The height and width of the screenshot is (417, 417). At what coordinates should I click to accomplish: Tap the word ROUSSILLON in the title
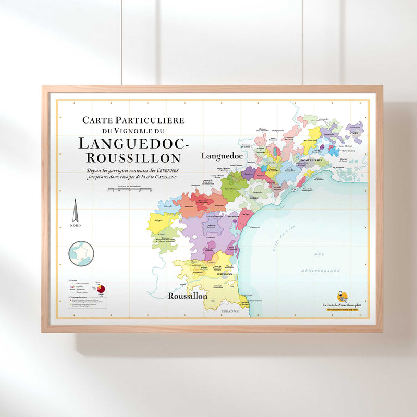[x=133, y=157]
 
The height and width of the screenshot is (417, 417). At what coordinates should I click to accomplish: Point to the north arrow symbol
[x=75, y=211]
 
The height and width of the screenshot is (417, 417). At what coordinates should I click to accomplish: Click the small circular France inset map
[x=81, y=253]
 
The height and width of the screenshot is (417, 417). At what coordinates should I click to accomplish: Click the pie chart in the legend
[x=100, y=288]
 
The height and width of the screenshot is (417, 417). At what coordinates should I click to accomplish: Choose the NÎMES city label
[x=354, y=133]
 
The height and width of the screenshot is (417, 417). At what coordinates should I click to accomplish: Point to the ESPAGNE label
[x=229, y=311]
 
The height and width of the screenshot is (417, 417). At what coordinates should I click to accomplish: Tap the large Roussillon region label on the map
[x=188, y=296]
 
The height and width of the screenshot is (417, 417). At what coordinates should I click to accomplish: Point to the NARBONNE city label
[x=233, y=216]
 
